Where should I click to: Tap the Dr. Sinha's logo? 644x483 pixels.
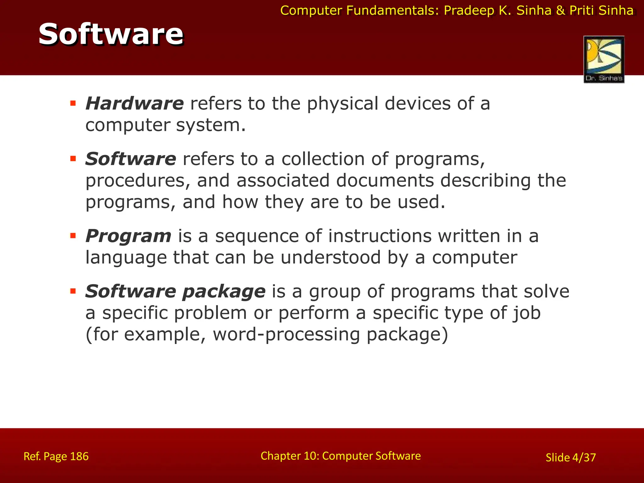point(604,59)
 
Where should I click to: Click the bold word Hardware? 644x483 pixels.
point(135,103)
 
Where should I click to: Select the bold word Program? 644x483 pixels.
point(128,236)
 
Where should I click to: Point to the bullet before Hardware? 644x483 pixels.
point(73,103)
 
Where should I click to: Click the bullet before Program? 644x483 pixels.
point(73,236)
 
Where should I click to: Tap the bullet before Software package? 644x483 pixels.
point(73,291)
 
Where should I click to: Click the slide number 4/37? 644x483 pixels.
point(584,458)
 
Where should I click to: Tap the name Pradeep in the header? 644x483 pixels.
point(469,11)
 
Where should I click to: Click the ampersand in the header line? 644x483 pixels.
point(560,11)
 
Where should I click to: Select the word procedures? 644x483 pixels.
point(138,181)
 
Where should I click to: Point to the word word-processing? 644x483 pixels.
point(286,335)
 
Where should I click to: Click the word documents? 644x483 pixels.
point(385,181)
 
